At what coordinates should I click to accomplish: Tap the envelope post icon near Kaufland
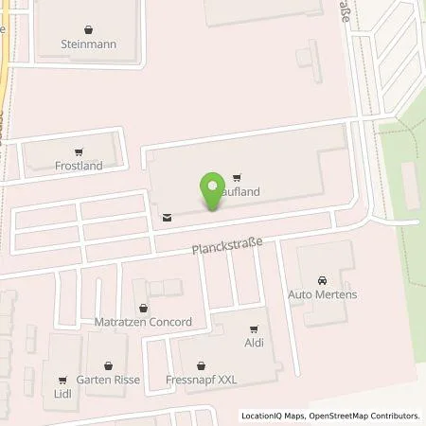tap(168, 217)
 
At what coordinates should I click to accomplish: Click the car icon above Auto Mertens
tap(321, 280)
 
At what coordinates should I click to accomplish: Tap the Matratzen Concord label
tap(143, 322)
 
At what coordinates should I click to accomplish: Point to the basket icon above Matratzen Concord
tap(143, 308)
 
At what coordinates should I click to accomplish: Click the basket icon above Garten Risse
tap(110, 365)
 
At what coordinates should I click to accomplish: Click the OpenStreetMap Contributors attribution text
tap(364, 416)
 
